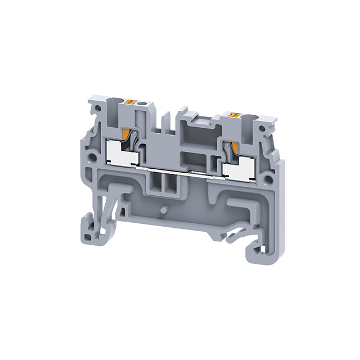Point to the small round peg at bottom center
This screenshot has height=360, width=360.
click(163, 209)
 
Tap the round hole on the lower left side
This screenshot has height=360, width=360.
click(91, 153)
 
